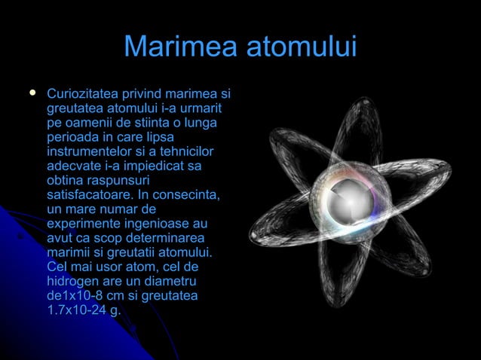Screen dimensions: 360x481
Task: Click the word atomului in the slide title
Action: point(300,47)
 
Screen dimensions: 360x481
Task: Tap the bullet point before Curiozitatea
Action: point(32,94)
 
